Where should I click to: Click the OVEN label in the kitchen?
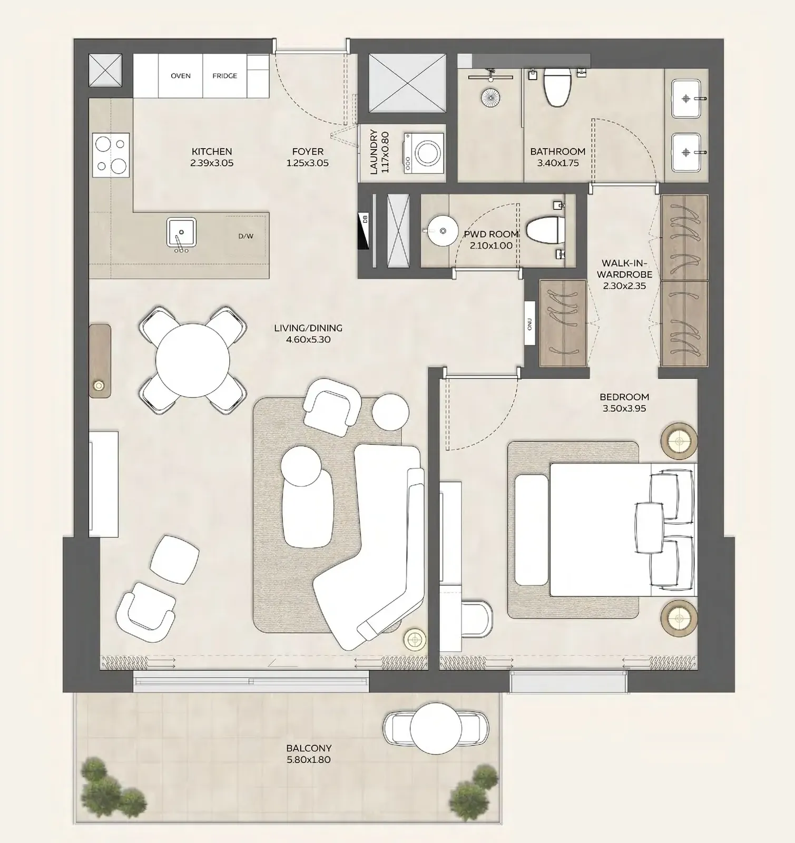tap(181, 76)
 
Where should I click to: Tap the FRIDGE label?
tap(224, 76)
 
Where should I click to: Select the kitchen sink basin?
tap(181, 232)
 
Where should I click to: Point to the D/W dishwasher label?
tap(246, 236)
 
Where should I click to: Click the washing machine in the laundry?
tap(424, 153)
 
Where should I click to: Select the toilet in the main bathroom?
tap(556, 86)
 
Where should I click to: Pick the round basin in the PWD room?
tap(441, 230)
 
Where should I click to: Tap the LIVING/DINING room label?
tap(308, 328)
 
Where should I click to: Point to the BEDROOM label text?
tap(624, 397)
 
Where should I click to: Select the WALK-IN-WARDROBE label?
tap(625, 269)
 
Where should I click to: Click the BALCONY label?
tap(309, 748)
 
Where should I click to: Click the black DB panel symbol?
tap(364, 231)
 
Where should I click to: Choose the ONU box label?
tap(530, 323)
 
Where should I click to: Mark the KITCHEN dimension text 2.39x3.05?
tap(212, 163)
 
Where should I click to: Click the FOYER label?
tap(308, 152)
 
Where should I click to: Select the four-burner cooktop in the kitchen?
tap(111, 155)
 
